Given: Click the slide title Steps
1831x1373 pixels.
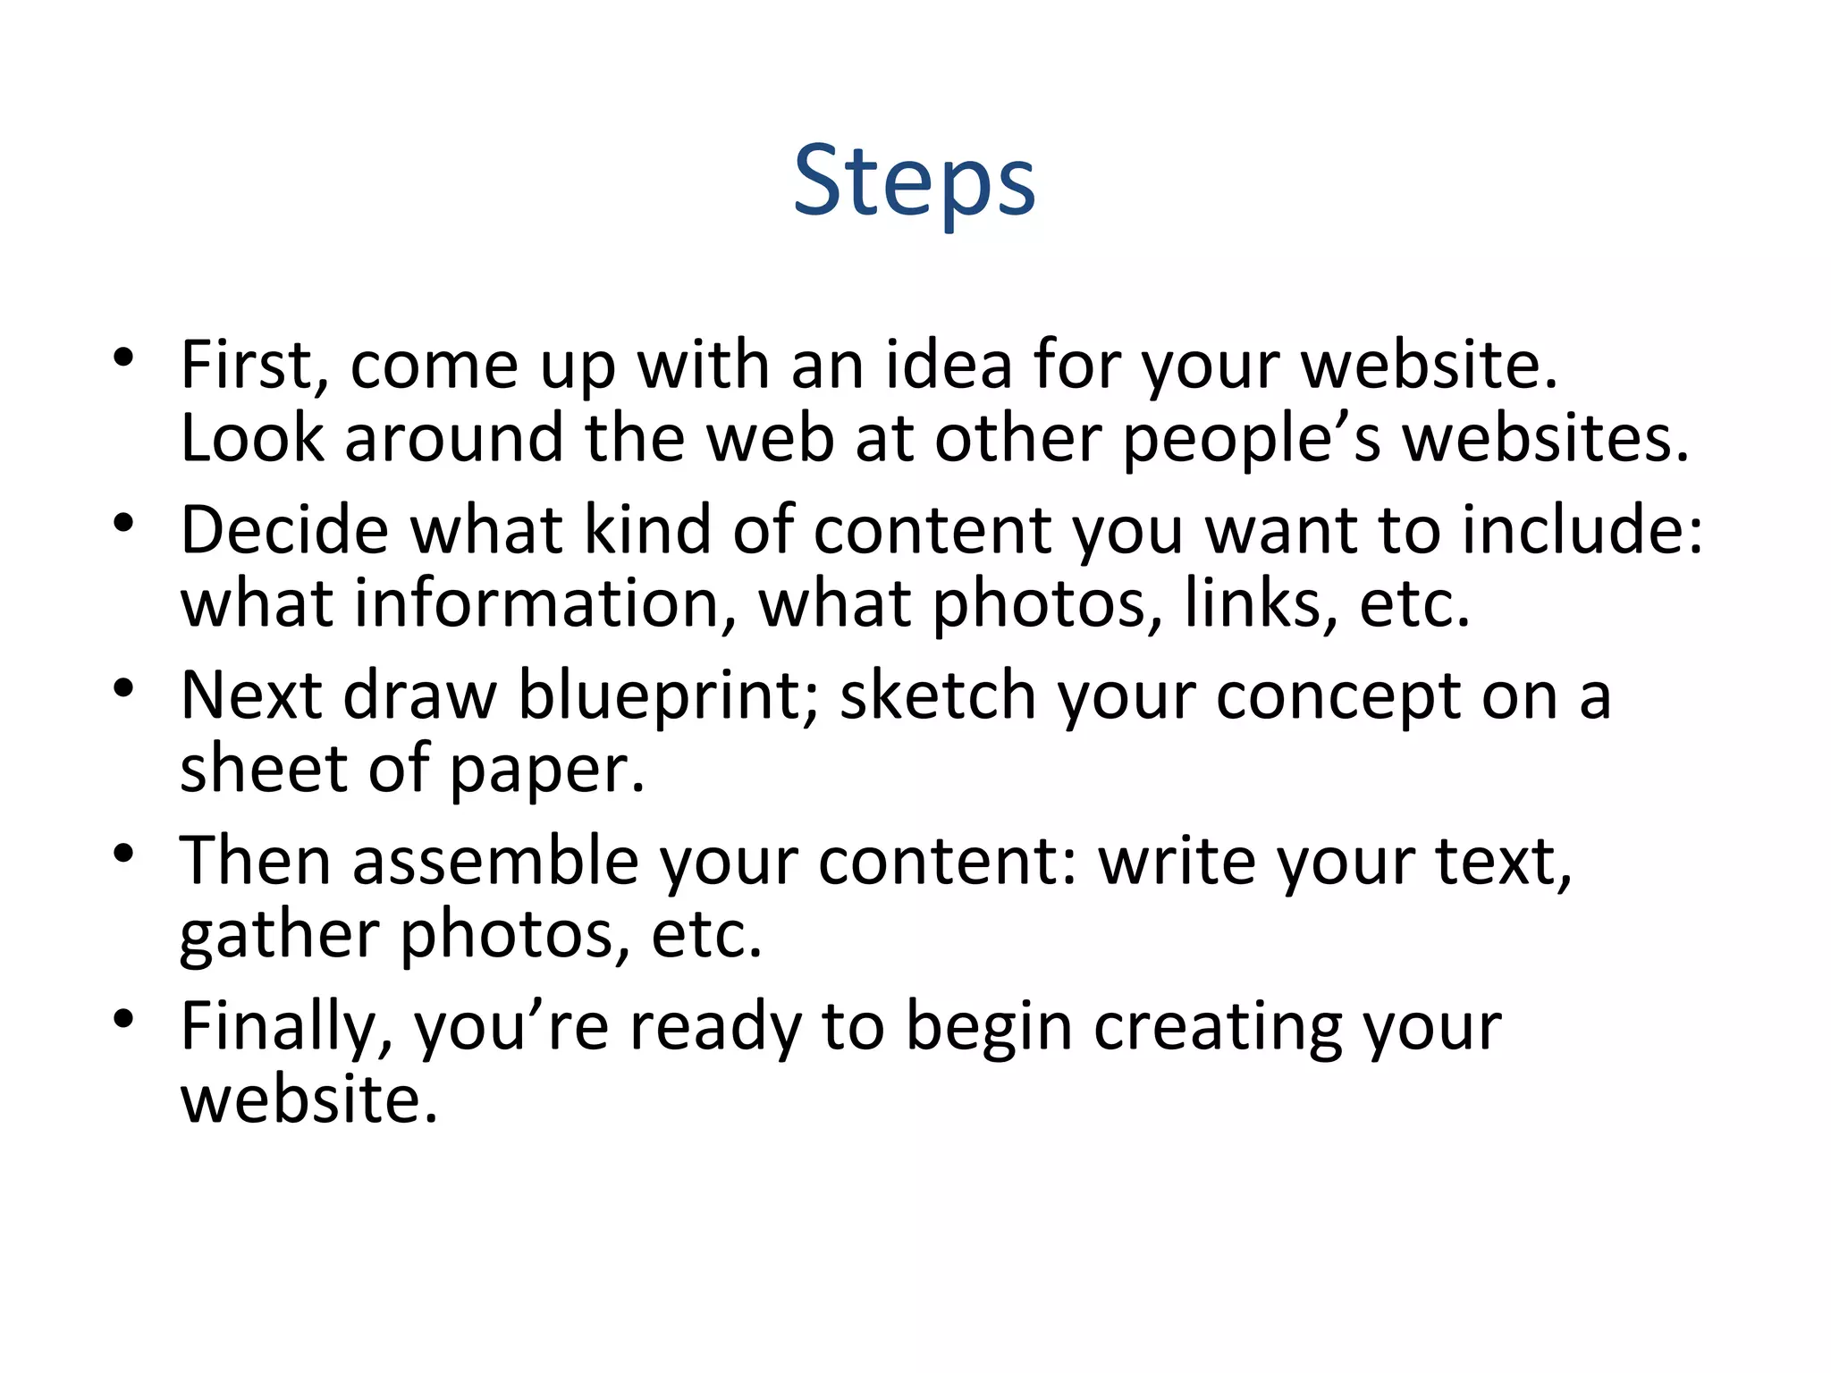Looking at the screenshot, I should point(914,181).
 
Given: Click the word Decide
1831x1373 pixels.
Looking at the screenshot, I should point(284,530).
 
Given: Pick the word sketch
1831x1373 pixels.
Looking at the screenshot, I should point(936,695).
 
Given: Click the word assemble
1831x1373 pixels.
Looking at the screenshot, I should point(495,861).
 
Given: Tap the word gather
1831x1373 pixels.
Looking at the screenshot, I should point(279,936).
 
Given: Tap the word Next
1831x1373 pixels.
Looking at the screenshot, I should point(251,695).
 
